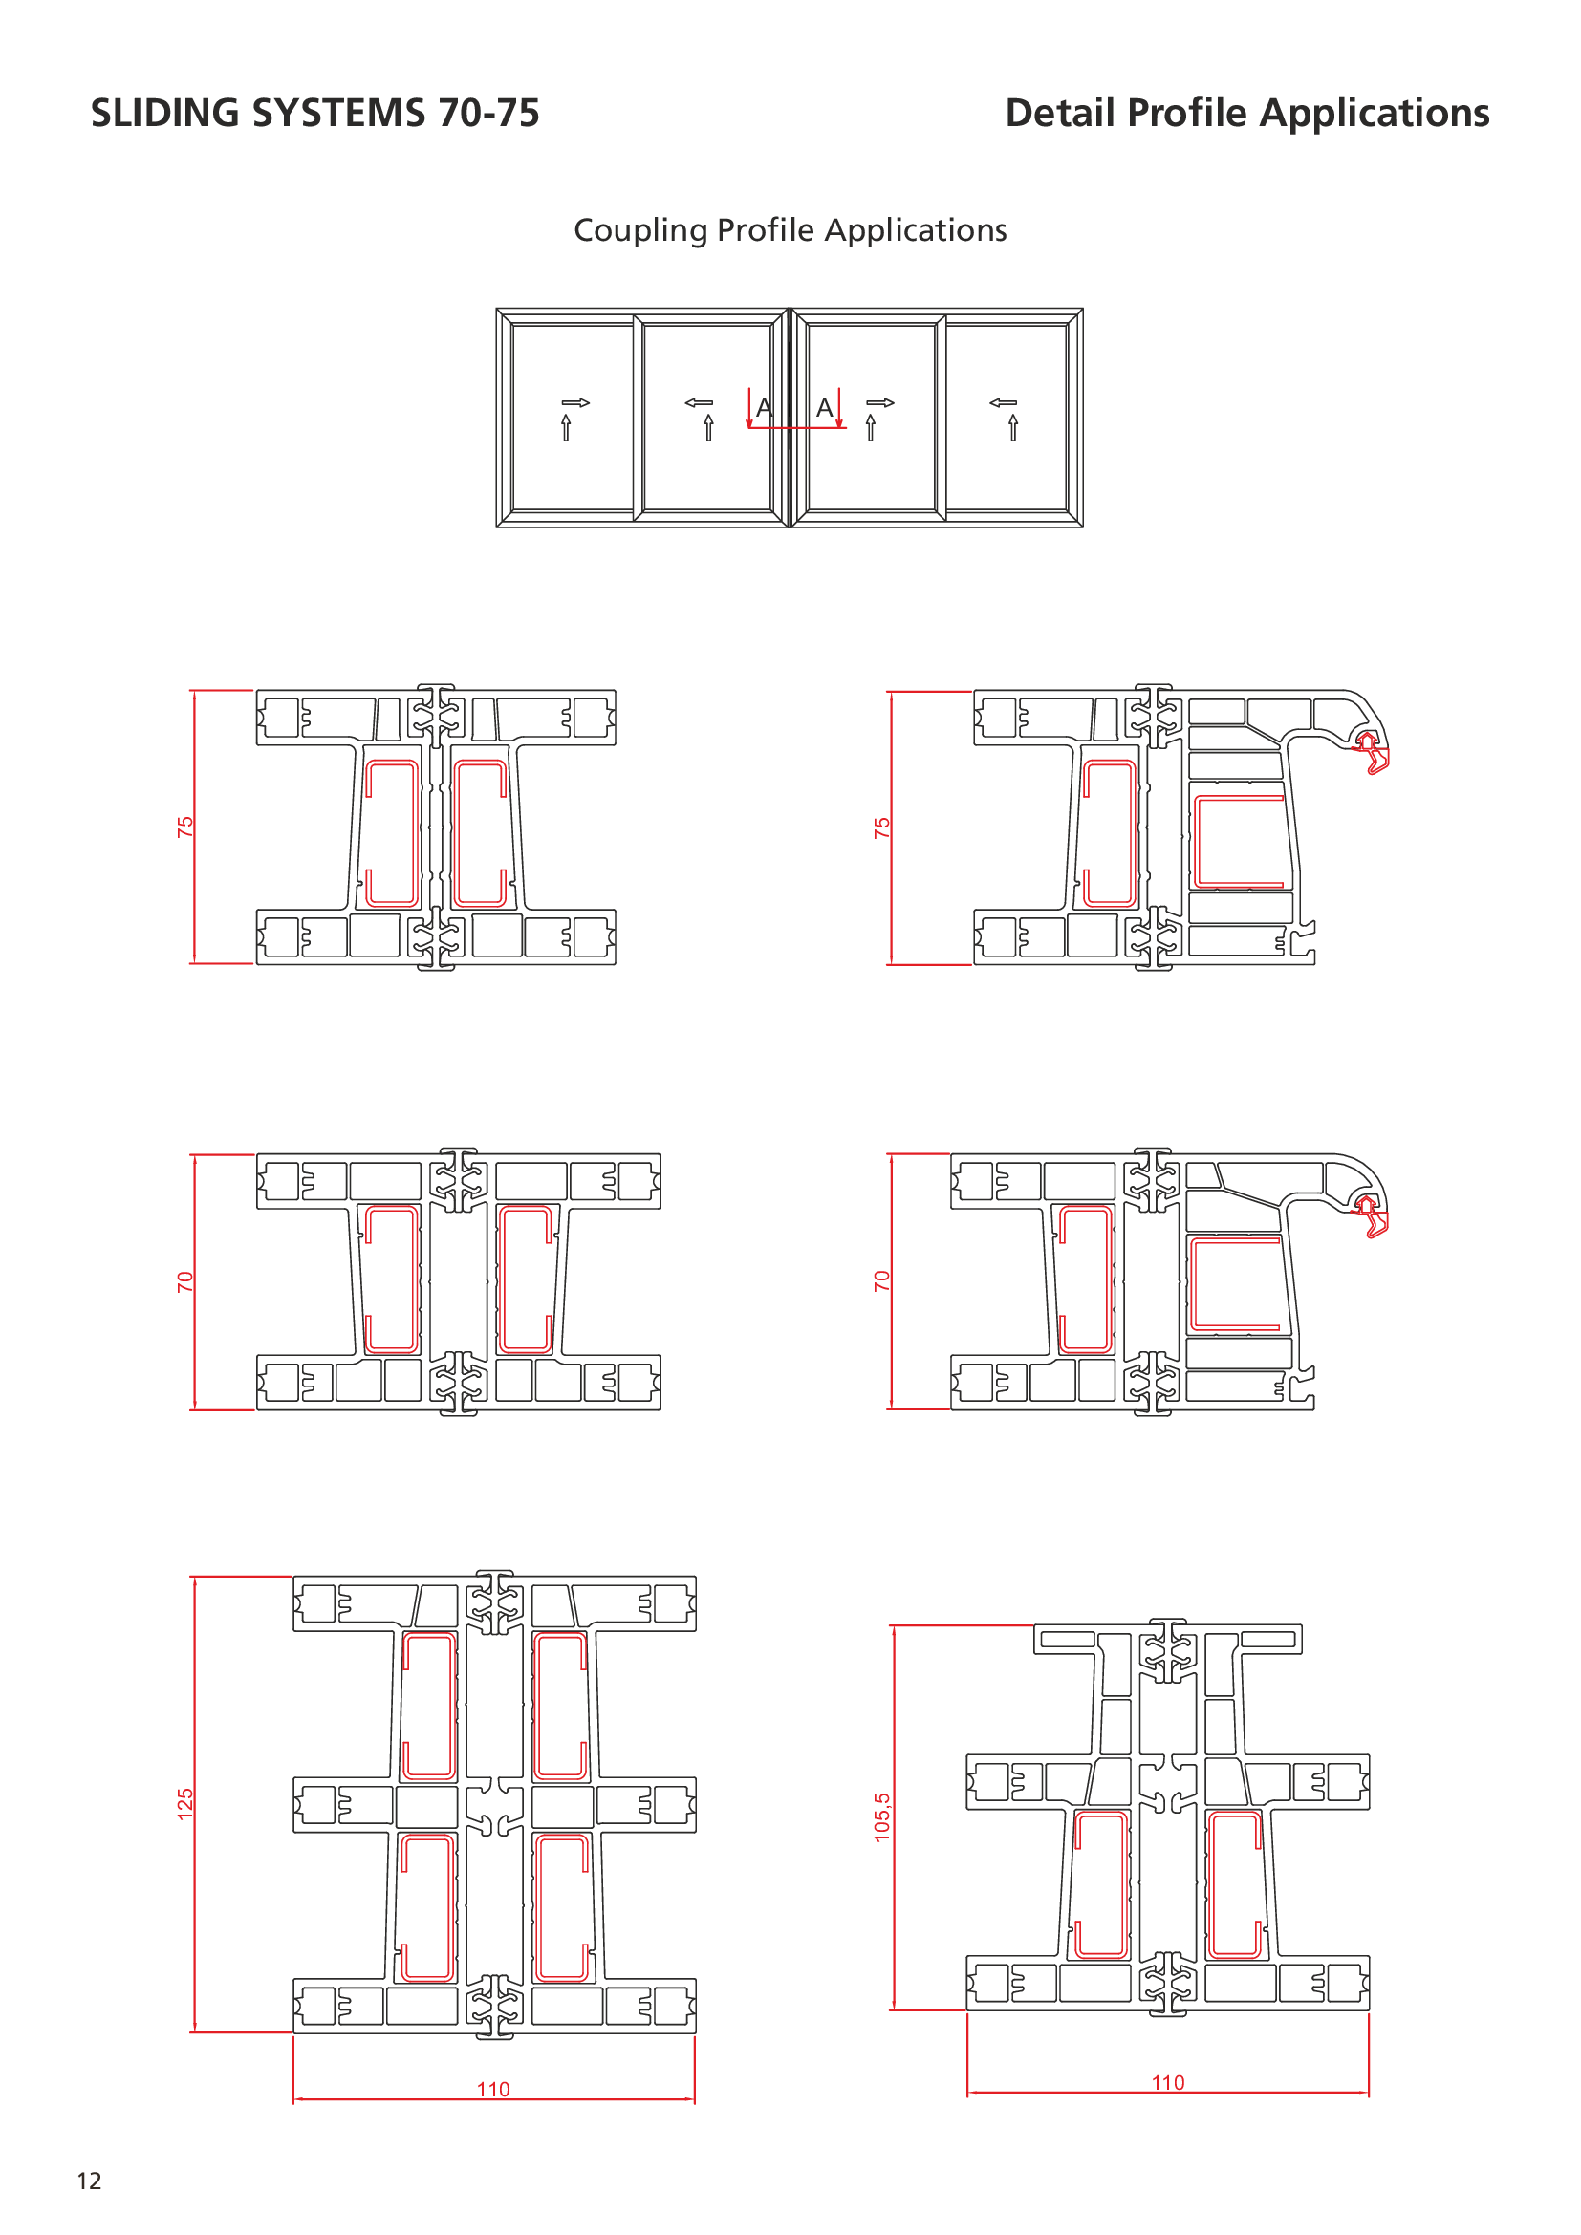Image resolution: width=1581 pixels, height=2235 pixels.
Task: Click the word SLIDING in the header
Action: [x=164, y=113]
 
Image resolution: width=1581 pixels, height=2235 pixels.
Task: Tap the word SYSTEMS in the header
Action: [x=338, y=113]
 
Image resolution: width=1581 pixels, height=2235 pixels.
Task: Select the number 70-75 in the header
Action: [x=488, y=113]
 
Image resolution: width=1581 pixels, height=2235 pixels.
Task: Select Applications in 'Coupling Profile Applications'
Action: [x=915, y=231]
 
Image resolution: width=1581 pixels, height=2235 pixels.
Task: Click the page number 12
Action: [x=90, y=2181]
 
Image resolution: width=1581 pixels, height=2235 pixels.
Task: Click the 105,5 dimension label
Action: [x=882, y=1816]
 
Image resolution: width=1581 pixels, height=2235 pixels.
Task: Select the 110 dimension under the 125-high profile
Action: [x=493, y=2089]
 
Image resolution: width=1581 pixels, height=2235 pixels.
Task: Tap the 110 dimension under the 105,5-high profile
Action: [x=1168, y=2082]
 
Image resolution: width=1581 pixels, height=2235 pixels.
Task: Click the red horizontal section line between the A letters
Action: [x=796, y=427]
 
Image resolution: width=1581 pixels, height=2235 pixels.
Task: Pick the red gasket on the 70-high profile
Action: [x=1371, y=1215]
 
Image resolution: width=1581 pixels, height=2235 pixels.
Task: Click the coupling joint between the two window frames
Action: [x=790, y=418]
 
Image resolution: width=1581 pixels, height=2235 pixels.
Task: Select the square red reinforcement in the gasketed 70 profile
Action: [x=1235, y=1284]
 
